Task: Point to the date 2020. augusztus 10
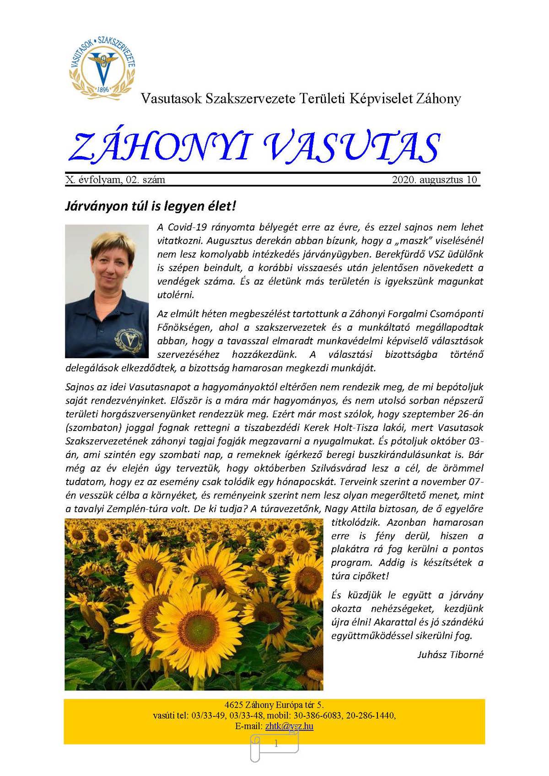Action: point(434,180)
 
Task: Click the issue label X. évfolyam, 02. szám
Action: point(115,180)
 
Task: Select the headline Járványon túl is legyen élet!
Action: point(151,206)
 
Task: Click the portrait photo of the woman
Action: point(107,291)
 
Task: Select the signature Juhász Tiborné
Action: point(450,654)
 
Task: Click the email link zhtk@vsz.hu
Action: point(289,726)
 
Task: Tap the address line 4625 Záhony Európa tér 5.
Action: point(274,705)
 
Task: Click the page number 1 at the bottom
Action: point(275,744)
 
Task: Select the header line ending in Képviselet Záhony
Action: point(301,98)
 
